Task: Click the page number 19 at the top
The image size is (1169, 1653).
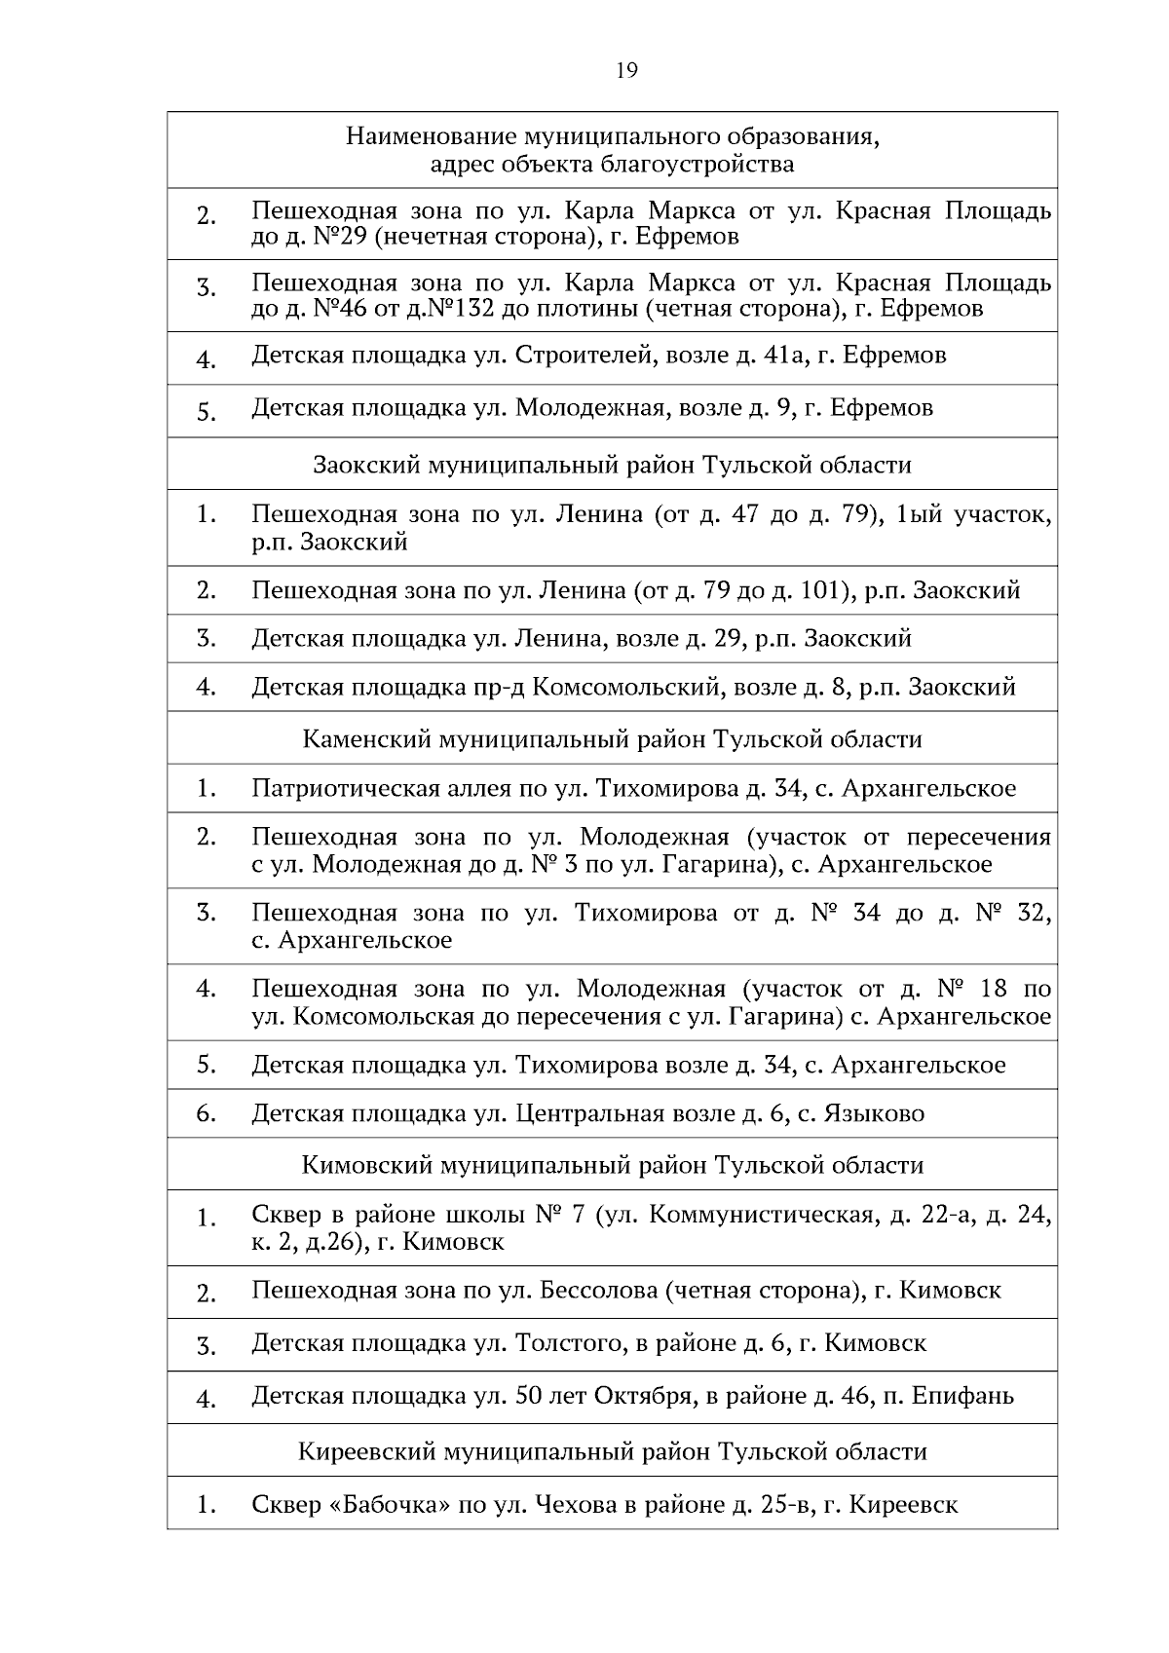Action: [626, 70]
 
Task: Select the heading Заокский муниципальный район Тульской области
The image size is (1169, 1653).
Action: [612, 465]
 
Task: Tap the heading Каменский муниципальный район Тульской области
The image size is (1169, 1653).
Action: [612, 739]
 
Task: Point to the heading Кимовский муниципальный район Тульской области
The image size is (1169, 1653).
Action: [612, 1165]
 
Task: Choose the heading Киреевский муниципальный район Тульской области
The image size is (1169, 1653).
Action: [612, 1451]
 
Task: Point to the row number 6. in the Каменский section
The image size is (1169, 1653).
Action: [206, 1113]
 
